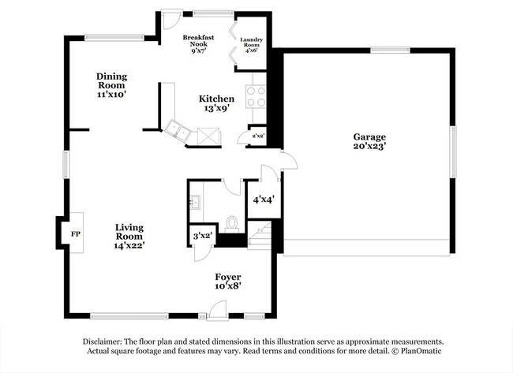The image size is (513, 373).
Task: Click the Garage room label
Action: [369, 137]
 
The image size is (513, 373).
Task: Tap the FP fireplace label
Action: [76, 234]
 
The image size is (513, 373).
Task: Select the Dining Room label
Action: [111, 81]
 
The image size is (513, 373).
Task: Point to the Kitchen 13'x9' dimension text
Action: [216, 108]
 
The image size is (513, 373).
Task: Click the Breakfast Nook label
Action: [198, 40]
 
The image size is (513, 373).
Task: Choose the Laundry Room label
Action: [252, 42]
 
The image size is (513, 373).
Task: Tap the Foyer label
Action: [228, 277]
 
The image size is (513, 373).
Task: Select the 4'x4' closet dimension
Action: [264, 200]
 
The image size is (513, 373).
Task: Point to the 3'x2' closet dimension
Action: [203, 236]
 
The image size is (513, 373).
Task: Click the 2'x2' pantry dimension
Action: [258, 136]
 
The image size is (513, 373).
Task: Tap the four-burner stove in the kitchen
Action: [256, 97]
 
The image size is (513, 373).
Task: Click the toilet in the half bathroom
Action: [232, 225]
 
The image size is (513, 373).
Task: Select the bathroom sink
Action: [195, 201]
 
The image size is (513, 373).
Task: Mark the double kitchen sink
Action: [178, 131]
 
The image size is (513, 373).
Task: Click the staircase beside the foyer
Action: [260, 235]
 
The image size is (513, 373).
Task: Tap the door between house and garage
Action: [290, 160]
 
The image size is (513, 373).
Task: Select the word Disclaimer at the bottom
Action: [103, 342]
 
